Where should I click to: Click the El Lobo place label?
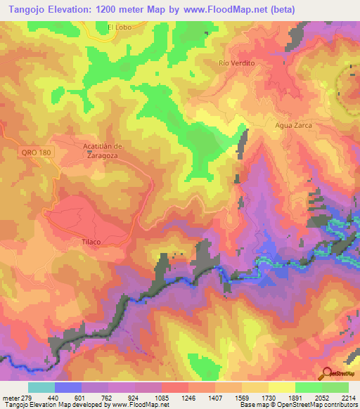(x=120, y=27)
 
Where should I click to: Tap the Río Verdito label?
(x=236, y=63)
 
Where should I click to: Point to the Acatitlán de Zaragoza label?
(x=103, y=150)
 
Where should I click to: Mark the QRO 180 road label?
(x=33, y=152)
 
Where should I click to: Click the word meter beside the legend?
(x=9, y=398)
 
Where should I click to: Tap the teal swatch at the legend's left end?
(x=41, y=387)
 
